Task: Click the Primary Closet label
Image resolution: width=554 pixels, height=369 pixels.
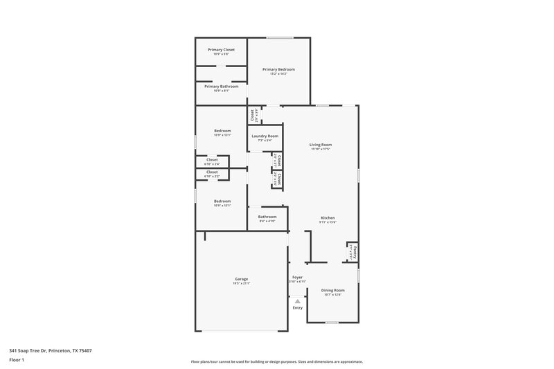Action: [x=221, y=50]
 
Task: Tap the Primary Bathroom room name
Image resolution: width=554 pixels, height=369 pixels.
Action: [x=221, y=87]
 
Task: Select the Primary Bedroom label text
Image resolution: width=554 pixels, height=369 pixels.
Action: [x=278, y=69]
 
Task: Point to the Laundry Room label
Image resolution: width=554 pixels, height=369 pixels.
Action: [x=265, y=136]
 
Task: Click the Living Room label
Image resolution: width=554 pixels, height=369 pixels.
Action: [x=320, y=145]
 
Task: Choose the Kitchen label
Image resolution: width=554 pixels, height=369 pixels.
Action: [x=328, y=217]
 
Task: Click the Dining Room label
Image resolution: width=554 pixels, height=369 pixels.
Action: [x=332, y=290]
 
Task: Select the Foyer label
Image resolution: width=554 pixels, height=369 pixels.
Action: [x=297, y=277]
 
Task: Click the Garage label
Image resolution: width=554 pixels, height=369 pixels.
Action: [x=241, y=279]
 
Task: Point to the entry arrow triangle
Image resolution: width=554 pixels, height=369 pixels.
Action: [x=297, y=300]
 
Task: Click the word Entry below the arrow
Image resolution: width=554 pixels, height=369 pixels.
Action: [x=297, y=308]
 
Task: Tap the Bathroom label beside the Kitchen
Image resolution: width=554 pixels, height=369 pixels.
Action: [x=267, y=217]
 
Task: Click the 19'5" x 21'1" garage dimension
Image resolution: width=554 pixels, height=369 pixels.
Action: [x=241, y=283]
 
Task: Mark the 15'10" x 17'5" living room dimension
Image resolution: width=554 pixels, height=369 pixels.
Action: [x=320, y=149]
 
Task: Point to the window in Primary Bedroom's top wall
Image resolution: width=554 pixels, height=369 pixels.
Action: [x=279, y=37]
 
